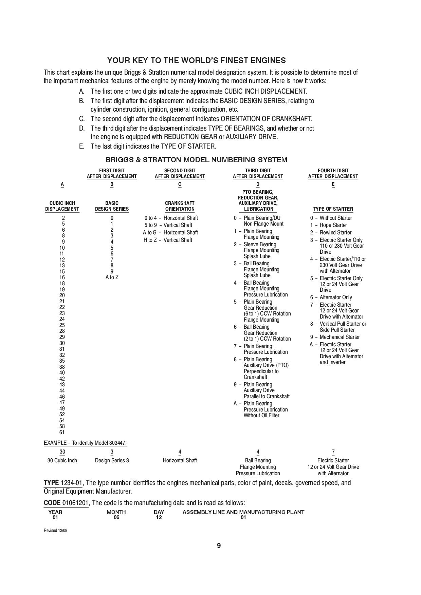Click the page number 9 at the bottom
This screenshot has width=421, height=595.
219,545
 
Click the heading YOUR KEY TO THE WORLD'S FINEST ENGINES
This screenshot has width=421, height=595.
196,60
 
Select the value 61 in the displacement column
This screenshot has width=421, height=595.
62,432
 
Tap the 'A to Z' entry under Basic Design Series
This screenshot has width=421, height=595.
112,277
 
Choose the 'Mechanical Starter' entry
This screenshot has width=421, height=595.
340,337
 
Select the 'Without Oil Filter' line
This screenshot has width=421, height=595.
261,415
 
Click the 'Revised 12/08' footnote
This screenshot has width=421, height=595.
56,531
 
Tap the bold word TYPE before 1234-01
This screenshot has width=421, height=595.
52,483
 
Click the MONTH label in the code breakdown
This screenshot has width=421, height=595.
116,512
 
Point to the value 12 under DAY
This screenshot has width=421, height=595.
159,517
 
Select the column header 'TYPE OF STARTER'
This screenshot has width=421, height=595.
333,209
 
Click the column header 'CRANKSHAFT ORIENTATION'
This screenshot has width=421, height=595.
180,206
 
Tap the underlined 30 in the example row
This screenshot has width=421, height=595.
62,452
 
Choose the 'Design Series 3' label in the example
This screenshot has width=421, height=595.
112,460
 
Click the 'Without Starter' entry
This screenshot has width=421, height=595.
335,218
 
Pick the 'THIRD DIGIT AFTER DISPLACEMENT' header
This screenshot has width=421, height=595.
258,173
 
